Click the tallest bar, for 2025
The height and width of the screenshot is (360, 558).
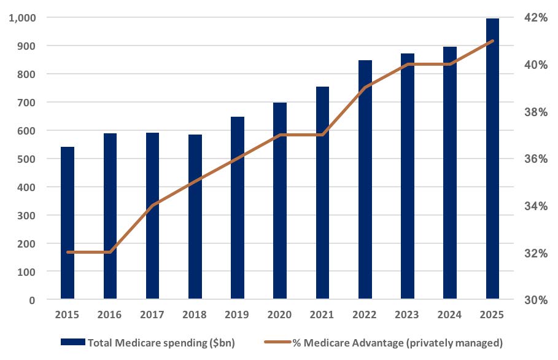492,159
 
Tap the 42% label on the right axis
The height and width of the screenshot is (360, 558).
534,18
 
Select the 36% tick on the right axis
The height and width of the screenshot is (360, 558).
534,158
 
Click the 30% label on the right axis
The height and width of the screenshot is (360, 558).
534,300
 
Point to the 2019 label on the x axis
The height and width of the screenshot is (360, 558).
238,315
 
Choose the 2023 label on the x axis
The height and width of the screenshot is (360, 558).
407,315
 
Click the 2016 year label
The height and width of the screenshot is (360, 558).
110,315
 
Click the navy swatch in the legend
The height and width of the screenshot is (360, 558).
73,343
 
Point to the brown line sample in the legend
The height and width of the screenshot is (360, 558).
283,343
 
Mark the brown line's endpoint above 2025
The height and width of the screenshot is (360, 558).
492,41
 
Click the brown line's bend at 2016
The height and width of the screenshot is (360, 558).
110,252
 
